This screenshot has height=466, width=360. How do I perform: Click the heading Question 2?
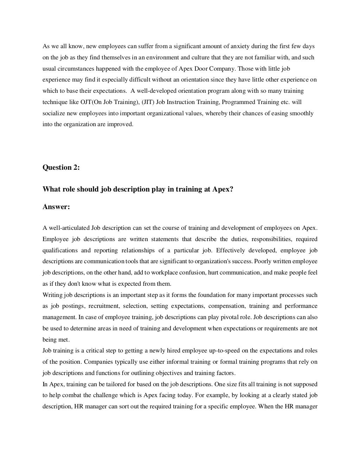pyautogui.click(x=61, y=168)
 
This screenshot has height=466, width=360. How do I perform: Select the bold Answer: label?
pyautogui.click(x=56, y=207)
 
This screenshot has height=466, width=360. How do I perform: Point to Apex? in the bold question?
pyautogui.click(x=223, y=189)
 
